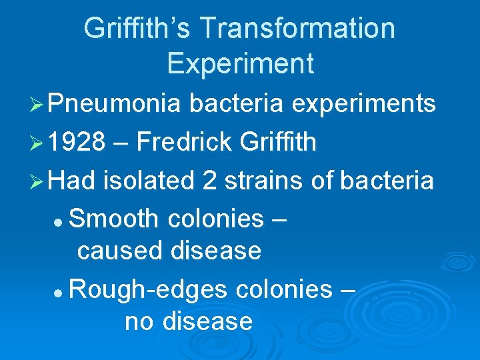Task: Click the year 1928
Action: (77, 142)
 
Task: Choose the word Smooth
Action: (113, 219)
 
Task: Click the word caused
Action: (120, 251)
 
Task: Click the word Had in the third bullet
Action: (71, 180)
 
